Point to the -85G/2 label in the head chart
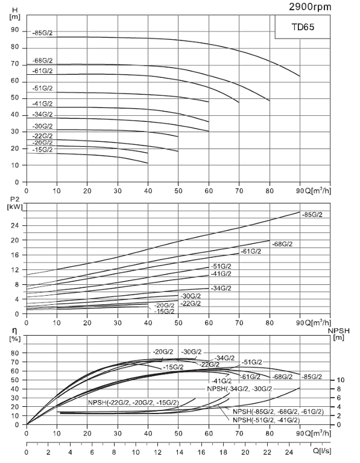pyautogui.click(x=43, y=33)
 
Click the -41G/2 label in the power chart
pyautogui.click(x=221, y=273)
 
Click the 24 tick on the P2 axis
pyautogui.click(x=14, y=226)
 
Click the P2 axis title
pyautogui.click(x=13, y=200)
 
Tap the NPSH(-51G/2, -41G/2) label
pyautogui.click(x=266, y=419)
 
